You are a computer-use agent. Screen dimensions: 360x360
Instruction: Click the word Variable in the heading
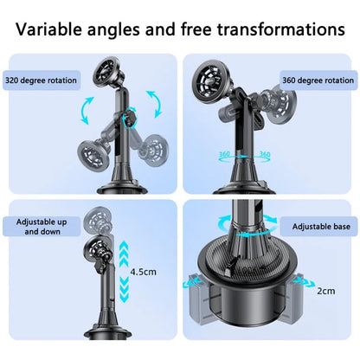coord(48,29)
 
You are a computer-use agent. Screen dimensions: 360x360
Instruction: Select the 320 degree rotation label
coord(41,80)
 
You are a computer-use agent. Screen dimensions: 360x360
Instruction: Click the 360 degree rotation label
coord(318,80)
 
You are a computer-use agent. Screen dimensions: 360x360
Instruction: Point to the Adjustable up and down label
coord(42,227)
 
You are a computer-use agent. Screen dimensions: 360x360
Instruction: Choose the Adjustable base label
coord(321,227)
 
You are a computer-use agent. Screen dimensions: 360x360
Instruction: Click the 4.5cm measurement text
coord(143,272)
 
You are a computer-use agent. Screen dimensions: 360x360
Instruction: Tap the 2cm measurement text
coord(326,291)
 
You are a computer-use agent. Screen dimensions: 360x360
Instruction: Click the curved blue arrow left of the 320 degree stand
coord(87,111)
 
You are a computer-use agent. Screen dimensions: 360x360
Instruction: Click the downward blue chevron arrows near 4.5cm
coord(124,288)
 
